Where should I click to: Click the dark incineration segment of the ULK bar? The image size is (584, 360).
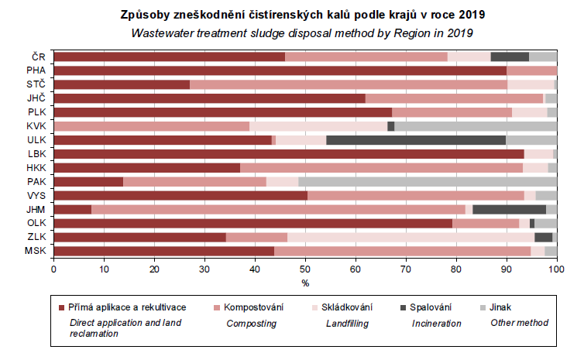[x=416, y=140]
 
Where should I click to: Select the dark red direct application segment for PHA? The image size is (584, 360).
[x=280, y=70]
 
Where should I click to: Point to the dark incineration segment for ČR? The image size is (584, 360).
[x=510, y=57]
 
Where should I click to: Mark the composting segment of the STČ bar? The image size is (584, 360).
[x=348, y=84]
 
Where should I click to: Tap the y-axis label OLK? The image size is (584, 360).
[x=36, y=223]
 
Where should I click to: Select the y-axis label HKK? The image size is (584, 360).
[x=36, y=168]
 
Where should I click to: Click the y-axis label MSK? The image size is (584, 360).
[x=36, y=251]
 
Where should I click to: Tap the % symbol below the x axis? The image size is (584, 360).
[x=305, y=281]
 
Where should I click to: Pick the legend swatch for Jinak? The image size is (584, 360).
[x=483, y=308]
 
